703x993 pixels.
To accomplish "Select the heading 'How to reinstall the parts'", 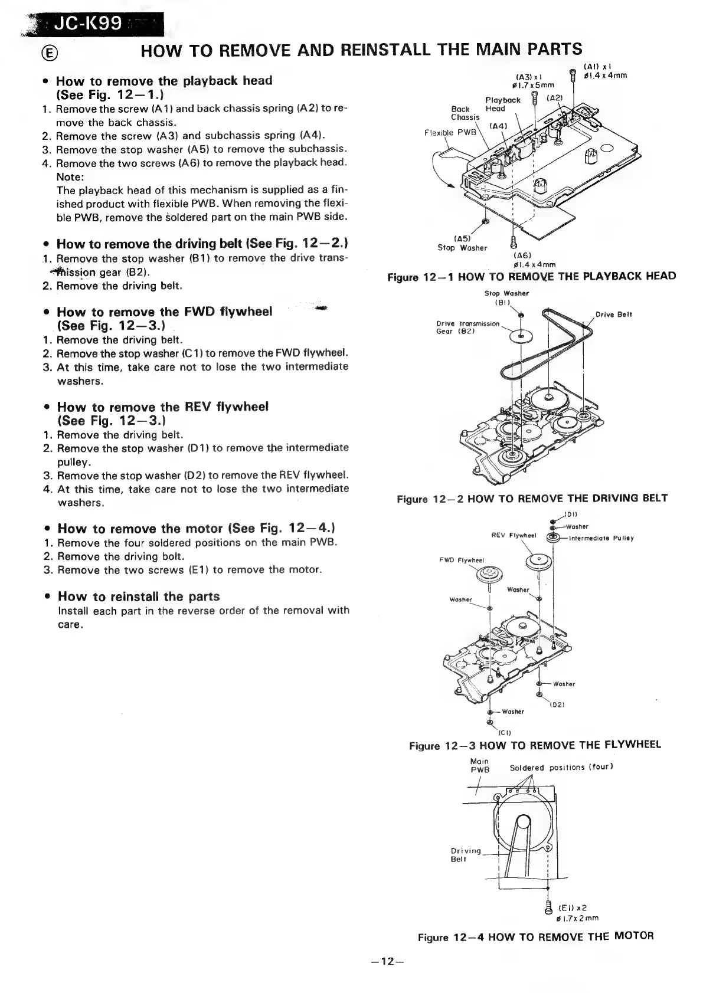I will (x=139, y=597).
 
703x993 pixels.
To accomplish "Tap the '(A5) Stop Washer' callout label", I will (x=462, y=244).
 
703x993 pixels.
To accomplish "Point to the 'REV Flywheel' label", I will (x=513, y=536).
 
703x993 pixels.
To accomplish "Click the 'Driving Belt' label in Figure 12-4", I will (x=466, y=854).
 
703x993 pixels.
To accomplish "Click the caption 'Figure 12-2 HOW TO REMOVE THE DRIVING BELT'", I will (x=532, y=499).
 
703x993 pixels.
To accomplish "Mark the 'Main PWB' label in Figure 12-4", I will (x=478, y=765).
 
